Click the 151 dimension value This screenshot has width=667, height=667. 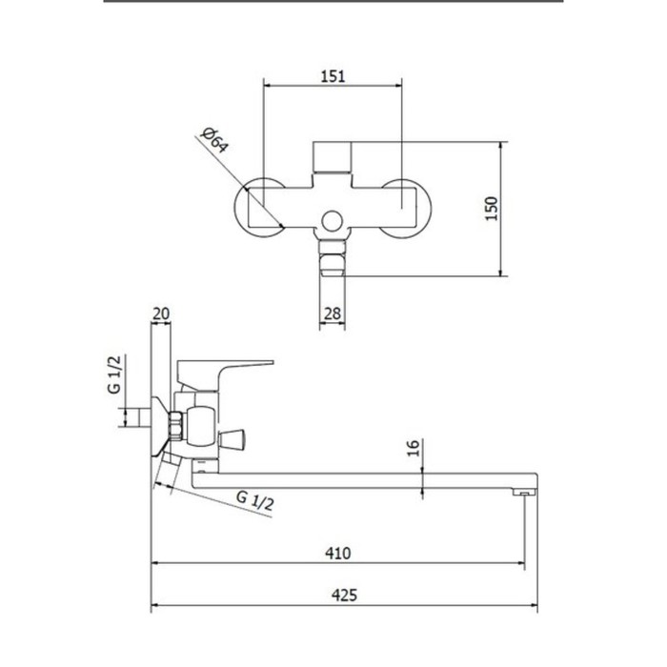tap(333, 76)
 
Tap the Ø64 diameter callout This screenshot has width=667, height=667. tap(215, 139)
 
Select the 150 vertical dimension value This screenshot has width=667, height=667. tap(492, 209)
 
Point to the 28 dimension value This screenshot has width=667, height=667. tap(333, 313)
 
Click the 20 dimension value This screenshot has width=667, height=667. tap(161, 313)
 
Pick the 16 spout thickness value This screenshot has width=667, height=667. tap(413, 449)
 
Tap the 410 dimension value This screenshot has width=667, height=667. tap(338, 553)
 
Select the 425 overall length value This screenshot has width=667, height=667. tap(345, 595)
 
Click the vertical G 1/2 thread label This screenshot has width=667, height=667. tap(114, 374)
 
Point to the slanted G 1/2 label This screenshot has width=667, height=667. tap(254, 500)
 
